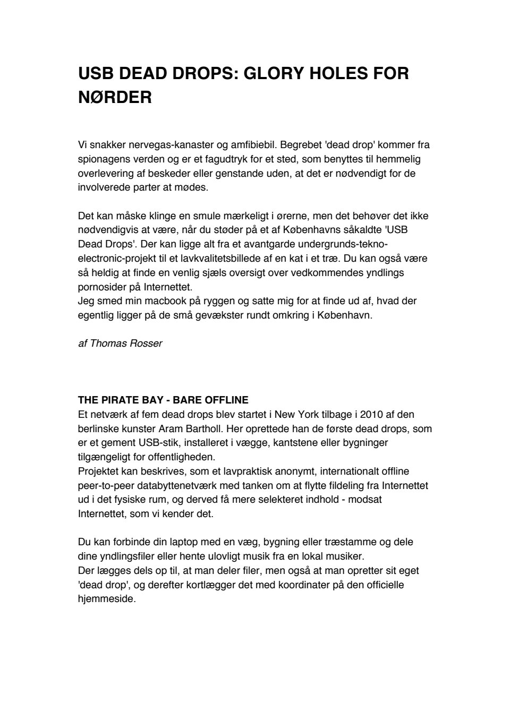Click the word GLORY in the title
(x=275, y=73)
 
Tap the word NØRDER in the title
(x=115, y=98)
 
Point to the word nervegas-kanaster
(x=154, y=144)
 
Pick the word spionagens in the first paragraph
(x=104, y=159)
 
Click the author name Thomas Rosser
(x=126, y=344)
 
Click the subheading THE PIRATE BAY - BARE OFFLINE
(x=163, y=400)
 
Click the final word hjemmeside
(x=106, y=599)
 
